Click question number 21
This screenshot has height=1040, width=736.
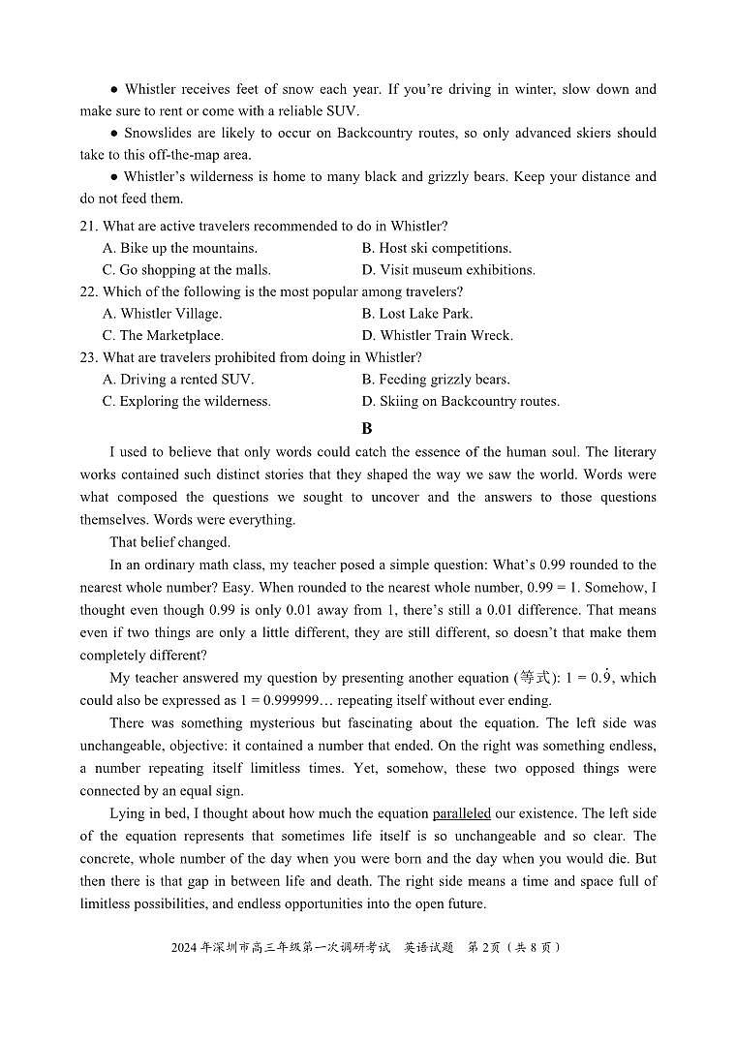coord(89,227)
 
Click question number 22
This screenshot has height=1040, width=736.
coord(89,291)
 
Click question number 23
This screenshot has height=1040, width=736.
coord(89,357)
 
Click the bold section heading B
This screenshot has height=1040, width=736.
coord(367,428)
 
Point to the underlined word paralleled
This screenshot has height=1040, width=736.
coord(461,813)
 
